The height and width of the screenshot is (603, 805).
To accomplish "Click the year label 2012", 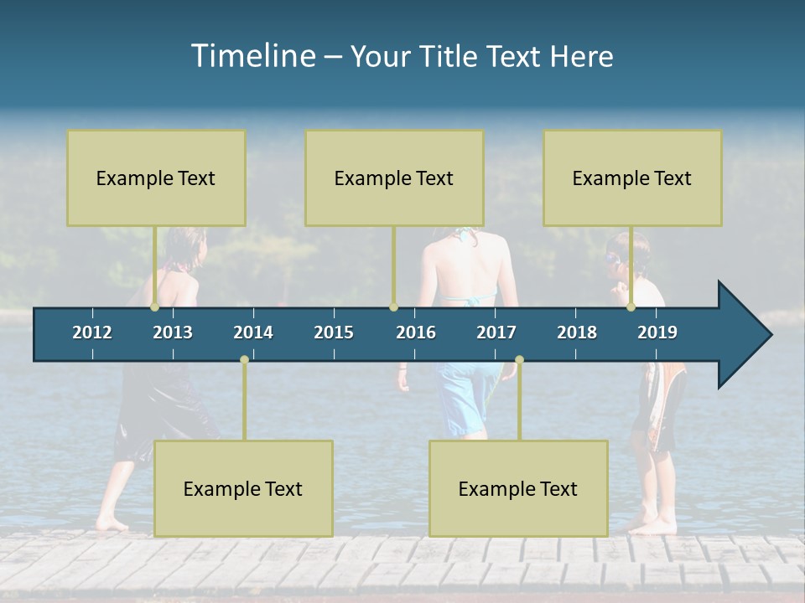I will click(92, 332).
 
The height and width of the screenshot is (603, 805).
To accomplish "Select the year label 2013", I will click(173, 332).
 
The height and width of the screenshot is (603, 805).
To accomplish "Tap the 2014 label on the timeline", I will click(253, 332).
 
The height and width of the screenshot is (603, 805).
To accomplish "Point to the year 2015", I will click(334, 332).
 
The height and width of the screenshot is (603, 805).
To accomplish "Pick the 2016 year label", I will click(416, 332).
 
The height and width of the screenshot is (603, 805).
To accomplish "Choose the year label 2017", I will click(496, 332).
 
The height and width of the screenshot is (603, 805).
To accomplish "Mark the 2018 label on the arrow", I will click(577, 332).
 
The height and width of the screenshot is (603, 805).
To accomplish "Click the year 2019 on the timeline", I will click(657, 332).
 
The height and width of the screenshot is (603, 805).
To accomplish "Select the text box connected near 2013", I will click(156, 178).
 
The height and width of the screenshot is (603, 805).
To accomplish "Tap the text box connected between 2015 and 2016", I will click(394, 178).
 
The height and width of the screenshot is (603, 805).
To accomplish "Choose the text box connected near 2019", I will click(632, 178).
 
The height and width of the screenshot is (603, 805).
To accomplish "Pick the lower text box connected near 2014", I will click(243, 488).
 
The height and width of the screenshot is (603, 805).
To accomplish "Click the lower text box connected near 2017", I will click(518, 488).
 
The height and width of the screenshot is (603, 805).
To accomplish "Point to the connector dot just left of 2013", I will click(155, 307).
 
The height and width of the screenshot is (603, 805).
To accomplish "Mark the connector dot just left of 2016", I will click(393, 307).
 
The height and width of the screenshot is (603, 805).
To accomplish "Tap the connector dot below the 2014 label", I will click(244, 360).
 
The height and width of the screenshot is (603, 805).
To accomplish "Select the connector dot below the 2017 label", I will click(519, 360).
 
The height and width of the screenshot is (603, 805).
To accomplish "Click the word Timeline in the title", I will click(252, 55).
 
